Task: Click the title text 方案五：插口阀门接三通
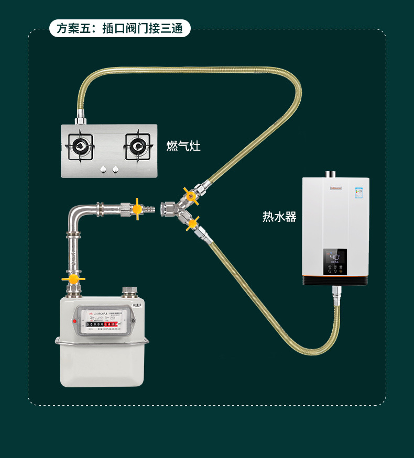(119, 28)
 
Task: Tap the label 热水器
(279, 217)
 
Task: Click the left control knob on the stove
(103, 169)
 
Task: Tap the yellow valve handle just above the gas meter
(73, 279)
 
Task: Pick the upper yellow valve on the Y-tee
(189, 195)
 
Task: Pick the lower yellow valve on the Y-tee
(192, 224)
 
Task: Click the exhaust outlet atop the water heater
(331, 174)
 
